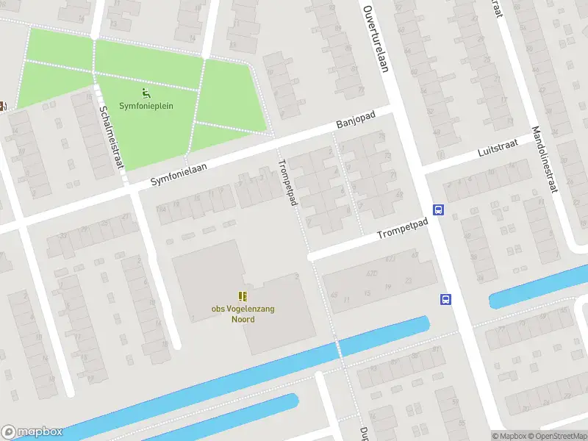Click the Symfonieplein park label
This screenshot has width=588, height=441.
pyautogui.click(x=146, y=106)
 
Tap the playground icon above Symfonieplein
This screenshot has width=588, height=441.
pyautogui.click(x=146, y=93)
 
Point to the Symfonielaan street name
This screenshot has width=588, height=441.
pyautogui.click(x=179, y=174)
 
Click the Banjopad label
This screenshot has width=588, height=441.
pyautogui.click(x=356, y=121)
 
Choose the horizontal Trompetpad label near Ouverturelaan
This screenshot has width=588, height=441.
pyautogui.click(x=402, y=229)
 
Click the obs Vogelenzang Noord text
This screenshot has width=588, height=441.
pyautogui.click(x=243, y=314)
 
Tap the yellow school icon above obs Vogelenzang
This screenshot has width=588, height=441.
pyautogui.click(x=243, y=296)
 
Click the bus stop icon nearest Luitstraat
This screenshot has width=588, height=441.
pyautogui.click(x=439, y=209)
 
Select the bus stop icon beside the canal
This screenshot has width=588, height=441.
pyautogui.click(x=445, y=298)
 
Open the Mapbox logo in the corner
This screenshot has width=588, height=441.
pyautogui.click(x=32, y=432)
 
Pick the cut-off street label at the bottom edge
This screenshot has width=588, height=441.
pyautogui.click(x=363, y=434)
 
